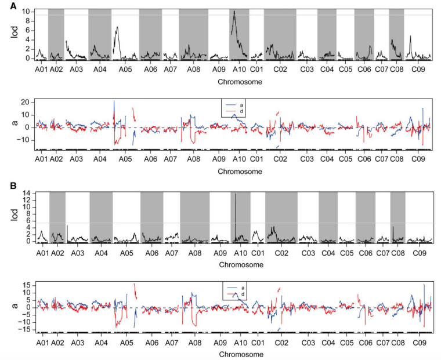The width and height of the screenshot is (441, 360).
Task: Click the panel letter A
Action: (6, 6)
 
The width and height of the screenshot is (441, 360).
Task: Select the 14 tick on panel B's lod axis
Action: (27, 192)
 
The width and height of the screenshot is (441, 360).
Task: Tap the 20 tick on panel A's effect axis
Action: (26, 102)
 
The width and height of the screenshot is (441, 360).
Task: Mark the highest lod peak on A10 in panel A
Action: (233, 11)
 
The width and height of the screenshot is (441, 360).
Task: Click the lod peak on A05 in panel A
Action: (118, 27)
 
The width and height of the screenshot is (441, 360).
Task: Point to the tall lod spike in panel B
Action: (236, 194)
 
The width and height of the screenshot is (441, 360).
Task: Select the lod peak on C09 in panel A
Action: (411, 36)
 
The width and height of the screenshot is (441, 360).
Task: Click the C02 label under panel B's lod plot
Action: (281, 254)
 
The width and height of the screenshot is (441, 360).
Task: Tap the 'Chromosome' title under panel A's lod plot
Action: (239, 82)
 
